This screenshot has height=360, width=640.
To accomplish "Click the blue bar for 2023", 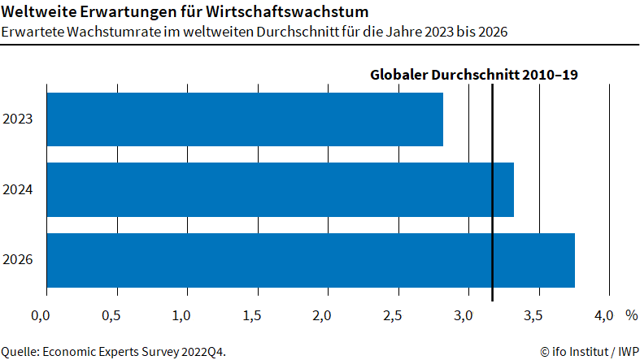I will (x=245, y=119).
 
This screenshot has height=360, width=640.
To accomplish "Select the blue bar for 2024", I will (x=280, y=189).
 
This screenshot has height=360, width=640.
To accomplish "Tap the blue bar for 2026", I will (x=311, y=260).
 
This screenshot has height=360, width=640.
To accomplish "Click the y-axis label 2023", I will (x=18, y=119).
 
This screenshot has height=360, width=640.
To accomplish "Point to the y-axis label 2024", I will (x=18, y=190).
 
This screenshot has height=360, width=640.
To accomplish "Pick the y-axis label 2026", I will (x=18, y=261).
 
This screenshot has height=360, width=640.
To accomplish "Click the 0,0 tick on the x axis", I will (x=41, y=314).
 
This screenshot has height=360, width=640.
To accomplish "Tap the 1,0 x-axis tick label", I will (x=181, y=314).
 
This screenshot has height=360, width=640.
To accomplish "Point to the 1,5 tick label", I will (x=251, y=314).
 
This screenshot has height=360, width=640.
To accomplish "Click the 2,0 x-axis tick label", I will (x=322, y=314).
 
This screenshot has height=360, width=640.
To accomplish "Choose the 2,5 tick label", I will (x=392, y=314).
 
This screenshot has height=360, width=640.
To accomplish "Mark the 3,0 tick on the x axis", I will (x=463, y=314).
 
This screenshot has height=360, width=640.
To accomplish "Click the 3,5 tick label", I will (x=533, y=314).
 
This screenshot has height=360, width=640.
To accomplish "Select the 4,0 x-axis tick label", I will (x=603, y=314).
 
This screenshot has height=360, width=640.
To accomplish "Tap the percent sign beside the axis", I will (x=631, y=314).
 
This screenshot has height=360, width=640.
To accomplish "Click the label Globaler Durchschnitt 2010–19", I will (x=474, y=75).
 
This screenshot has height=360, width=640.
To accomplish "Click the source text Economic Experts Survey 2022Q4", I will (x=133, y=351).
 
